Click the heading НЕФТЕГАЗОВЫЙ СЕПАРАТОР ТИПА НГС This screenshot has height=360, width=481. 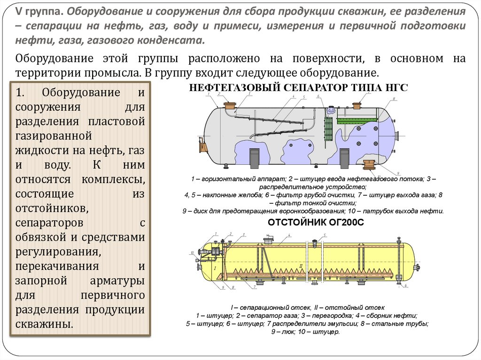coord(298,87)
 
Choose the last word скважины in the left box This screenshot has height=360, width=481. coord(44,324)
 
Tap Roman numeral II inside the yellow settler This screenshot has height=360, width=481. coord(301,266)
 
